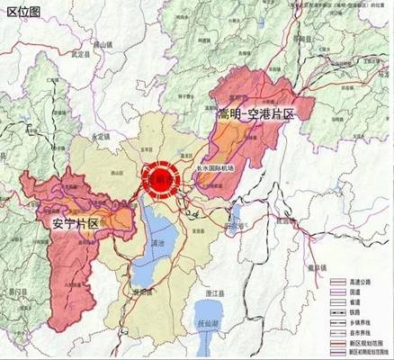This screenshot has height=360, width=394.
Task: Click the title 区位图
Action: click(22, 12)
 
